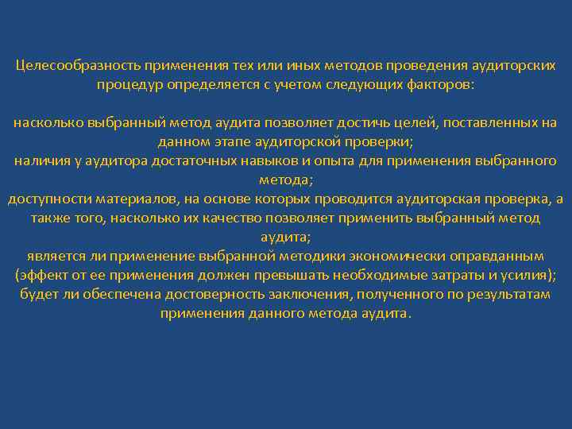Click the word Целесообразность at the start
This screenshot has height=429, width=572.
click(x=78, y=65)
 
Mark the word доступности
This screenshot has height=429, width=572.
click(x=46, y=199)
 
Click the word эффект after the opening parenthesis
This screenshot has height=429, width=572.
click(x=43, y=276)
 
